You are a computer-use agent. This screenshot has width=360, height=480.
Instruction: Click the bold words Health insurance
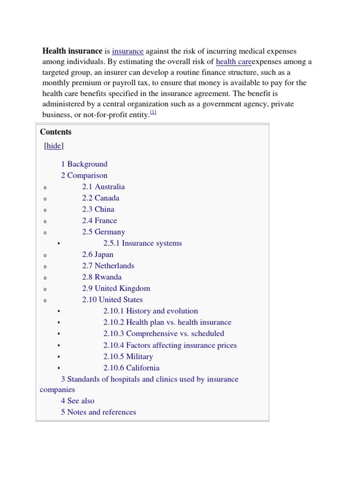coord(72,51)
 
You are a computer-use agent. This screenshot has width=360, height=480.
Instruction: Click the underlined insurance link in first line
coord(127,51)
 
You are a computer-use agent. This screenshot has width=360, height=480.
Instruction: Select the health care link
coord(233,62)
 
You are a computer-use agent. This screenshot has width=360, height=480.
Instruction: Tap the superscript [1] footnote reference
coord(153,112)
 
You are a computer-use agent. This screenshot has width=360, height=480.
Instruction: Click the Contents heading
coord(56,132)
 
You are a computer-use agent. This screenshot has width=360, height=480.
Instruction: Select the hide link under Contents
coord(54,146)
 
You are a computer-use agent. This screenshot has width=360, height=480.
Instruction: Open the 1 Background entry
coord(84,164)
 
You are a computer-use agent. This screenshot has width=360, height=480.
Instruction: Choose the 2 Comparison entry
coord(84,175)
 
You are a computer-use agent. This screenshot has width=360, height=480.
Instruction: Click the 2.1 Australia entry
coord(103,187)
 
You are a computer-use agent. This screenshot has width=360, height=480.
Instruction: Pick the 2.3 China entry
coord(98,209)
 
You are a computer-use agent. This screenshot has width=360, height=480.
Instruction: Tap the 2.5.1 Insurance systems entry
coord(142,243)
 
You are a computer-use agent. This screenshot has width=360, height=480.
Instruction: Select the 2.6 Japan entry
coord(97,255)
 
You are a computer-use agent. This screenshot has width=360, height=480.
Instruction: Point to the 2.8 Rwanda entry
coord(102,277)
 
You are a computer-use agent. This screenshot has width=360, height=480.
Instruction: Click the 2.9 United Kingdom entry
coord(116,288)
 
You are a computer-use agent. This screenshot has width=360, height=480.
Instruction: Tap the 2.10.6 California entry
coord(131,368)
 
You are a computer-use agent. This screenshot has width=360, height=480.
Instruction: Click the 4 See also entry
coord(77,401)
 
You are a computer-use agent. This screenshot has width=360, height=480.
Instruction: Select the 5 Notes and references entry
coord(98,412)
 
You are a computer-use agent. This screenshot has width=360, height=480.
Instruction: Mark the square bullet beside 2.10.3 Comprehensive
coord(59,334)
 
